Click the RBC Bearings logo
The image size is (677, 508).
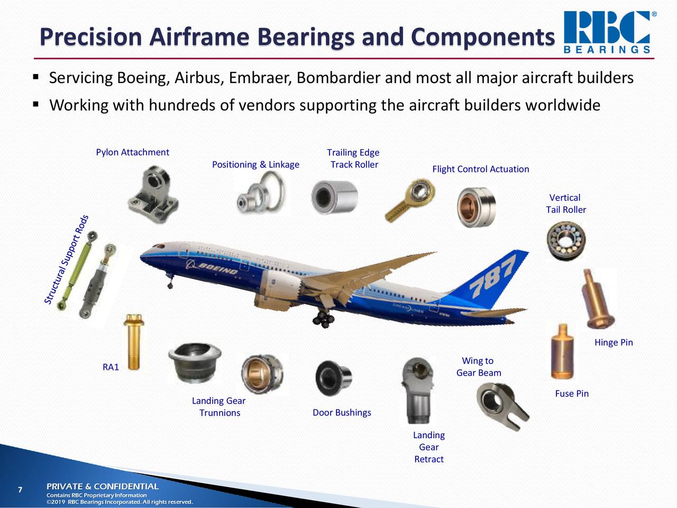pyautogui.click(x=608, y=32)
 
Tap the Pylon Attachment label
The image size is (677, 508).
pyautogui.click(x=132, y=152)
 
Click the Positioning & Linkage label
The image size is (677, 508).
pyautogui.click(x=255, y=165)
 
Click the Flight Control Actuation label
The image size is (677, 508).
pyautogui.click(x=480, y=169)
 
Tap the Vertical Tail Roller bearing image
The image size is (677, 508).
pyautogui.click(x=565, y=241)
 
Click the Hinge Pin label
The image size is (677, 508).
pyautogui.click(x=614, y=342)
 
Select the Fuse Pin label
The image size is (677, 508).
pyautogui.click(x=572, y=394)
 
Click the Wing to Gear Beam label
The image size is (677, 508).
pyautogui.click(x=478, y=367)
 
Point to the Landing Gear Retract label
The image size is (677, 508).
pyautogui.click(x=429, y=447)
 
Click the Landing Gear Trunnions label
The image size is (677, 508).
pyautogui.click(x=219, y=407)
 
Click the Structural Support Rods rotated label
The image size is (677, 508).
pyautogui.click(x=67, y=260)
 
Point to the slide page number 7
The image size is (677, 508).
pyautogui.click(x=20, y=489)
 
